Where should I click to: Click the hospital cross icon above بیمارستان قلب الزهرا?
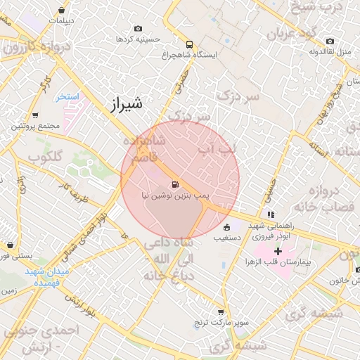click(x=278, y=251)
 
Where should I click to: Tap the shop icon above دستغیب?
click(x=226, y=228)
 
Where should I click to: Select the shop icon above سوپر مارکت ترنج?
click(x=221, y=312)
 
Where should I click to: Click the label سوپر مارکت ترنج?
click(x=221, y=323)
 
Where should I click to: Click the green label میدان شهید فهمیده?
click(x=49, y=276)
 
